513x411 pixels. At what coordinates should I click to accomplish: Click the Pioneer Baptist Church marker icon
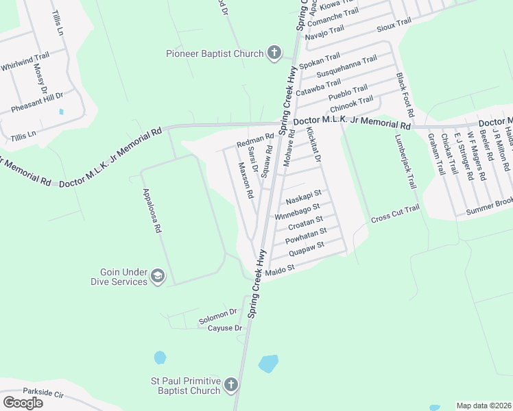pos(274,53)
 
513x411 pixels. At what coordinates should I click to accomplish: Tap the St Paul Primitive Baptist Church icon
pos(230,386)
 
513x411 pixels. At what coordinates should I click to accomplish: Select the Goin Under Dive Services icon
pos(158,277)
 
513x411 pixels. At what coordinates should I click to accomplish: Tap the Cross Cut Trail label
pos(394,214)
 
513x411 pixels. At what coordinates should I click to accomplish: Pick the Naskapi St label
pos(303,197)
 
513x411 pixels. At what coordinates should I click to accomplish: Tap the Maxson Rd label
pos(246,180)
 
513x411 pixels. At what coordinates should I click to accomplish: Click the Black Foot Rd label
pos(405,95)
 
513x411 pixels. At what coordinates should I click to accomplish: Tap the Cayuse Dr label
pos(225,328)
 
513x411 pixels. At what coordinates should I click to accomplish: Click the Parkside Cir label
pos(43,394)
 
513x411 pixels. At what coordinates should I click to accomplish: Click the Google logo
pos(23,402)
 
